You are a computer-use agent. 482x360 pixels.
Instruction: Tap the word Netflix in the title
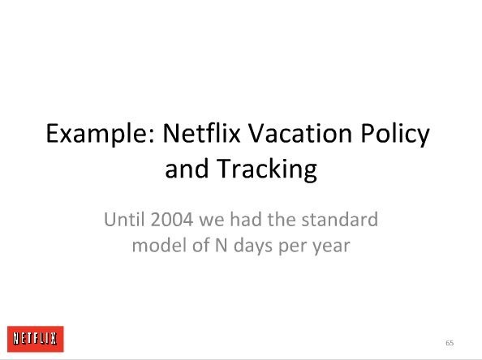[x=201, y=133]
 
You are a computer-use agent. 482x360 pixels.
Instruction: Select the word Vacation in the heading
[x=300, y=133]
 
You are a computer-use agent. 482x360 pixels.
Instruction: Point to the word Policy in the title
[x=395, y=134]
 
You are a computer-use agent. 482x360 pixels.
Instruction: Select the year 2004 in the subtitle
[x=172, y=219]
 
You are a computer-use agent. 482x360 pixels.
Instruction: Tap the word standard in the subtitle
[x=339, y=219]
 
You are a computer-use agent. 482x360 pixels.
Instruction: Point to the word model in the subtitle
[x=159, y=245]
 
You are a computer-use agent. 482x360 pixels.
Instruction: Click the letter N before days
[x=222, y=245]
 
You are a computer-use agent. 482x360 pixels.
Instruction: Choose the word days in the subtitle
[x=253, y=246]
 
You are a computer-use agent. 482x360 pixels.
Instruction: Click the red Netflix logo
[x=36, y=339]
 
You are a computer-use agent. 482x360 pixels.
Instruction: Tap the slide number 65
[x=450, y=343]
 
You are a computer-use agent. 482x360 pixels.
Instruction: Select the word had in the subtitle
[x=246, y=219]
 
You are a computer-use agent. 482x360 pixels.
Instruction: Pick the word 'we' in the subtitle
[x=212, y=221]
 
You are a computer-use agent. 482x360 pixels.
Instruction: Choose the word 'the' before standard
[x=281, y=219]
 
